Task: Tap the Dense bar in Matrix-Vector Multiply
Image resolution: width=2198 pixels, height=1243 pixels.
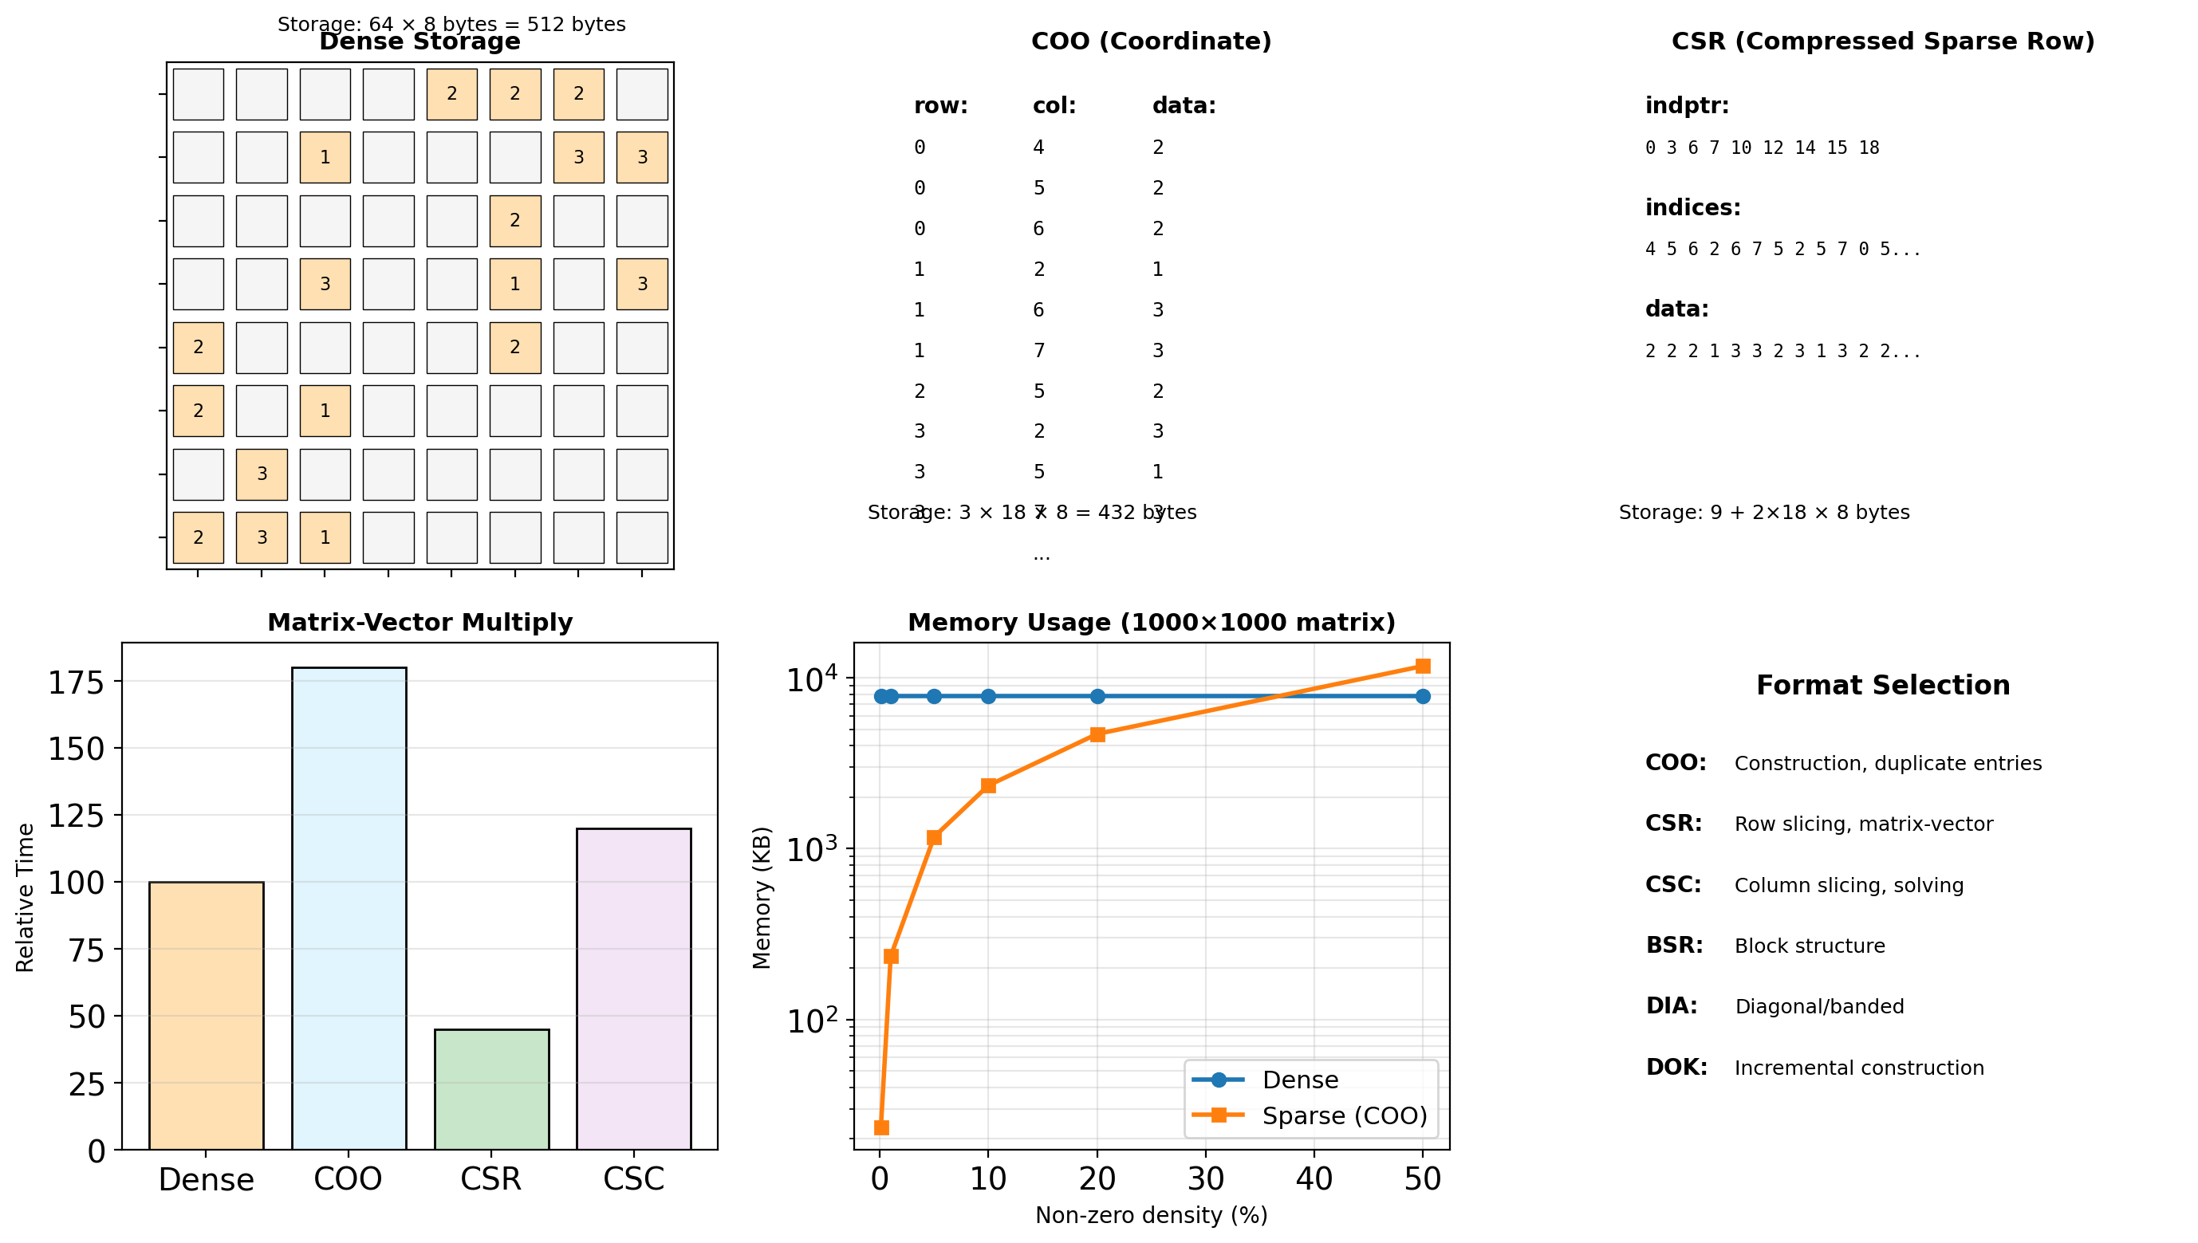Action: [206, 1015]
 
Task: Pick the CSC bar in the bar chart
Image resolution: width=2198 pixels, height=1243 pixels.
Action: [633, 988]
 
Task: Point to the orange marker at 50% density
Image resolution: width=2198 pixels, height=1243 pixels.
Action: [1423, 666]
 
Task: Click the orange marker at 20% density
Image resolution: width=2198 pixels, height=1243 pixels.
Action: [1097, 734]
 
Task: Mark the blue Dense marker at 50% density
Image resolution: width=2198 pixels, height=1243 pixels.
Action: [1423, 697]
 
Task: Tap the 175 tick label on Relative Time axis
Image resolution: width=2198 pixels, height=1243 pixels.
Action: [76, 682]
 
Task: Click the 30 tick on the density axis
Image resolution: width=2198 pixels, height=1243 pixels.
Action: [1206, 1179]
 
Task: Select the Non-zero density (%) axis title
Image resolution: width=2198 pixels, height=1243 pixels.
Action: [1151, 1215]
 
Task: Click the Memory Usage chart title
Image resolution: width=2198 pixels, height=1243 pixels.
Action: [1151, 623]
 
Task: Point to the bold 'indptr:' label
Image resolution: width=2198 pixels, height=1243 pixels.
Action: [1687, 106]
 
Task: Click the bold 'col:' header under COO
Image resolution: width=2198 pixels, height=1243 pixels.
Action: [1054, 106]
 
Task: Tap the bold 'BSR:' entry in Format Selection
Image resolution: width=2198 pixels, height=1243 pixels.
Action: [1674, 945]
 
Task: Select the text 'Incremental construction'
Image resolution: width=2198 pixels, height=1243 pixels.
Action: [1859, 1068]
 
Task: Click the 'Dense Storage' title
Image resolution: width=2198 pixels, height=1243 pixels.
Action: [420, 41]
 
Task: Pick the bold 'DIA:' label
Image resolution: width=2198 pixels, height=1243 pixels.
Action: [1671, 1005]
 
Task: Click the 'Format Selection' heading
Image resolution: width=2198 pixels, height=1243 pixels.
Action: [1883, 686]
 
